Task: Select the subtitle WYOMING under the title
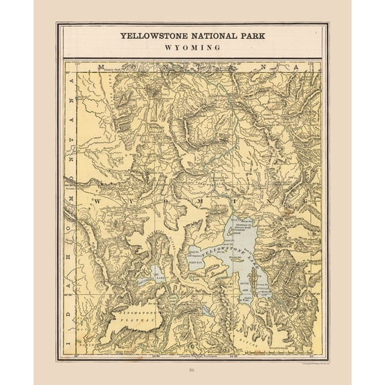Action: tap(193, 48)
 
